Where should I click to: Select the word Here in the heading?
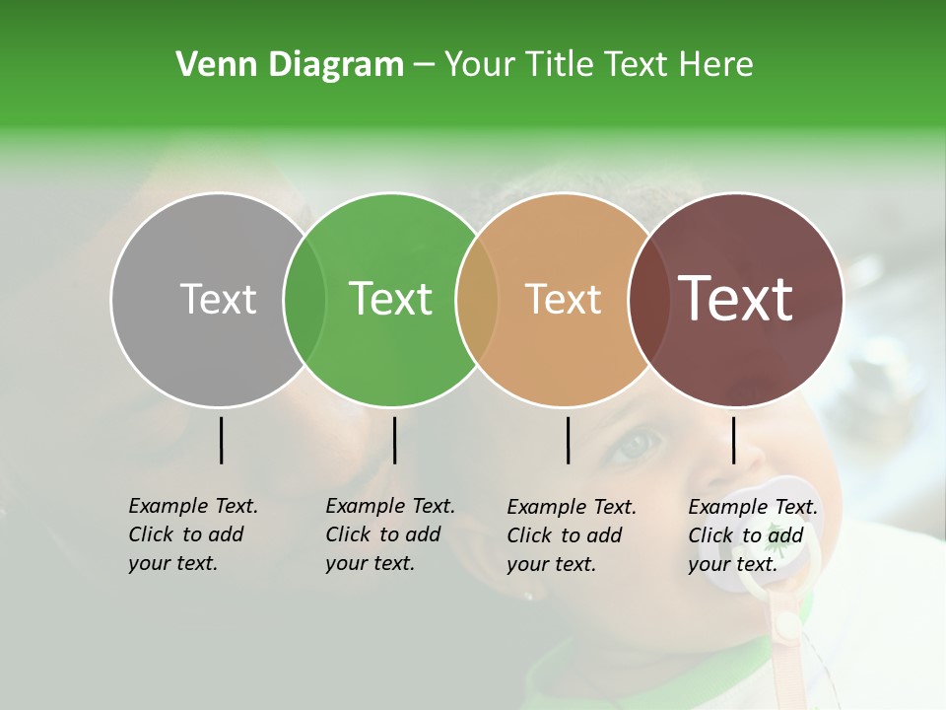pyautogui.click(x=716, y=65)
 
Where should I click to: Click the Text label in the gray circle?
pyautogui.click(x=218, y=299)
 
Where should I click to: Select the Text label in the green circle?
pyautogui.click(x=391, y=299)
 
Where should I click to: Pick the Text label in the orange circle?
pyautogui.click(x=564, y=299)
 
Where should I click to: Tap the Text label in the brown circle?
pyautogui.click(x=736, y=299)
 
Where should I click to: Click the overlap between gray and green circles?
pyautogui.click(x=304, y=300)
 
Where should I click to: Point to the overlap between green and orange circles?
pyautogui.click(x=477, y=300)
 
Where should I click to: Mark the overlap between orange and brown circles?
pyautogui.click(x=647, y=300)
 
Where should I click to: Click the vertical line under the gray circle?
pyautogui.click(x=221, y=440)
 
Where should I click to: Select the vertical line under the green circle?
pyautogui.click(x=394, y=440)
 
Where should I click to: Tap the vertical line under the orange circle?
pyautogui.click(x=568, y=440)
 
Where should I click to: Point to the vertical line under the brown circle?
pyautogui.click(x=733, y=440)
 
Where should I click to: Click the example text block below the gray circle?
pyautogui.click(x=193, y=534)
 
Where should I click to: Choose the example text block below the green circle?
pyautogui.click(x=390, y=534)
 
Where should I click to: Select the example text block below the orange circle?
pyautogui.click(x=572, y=535)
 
